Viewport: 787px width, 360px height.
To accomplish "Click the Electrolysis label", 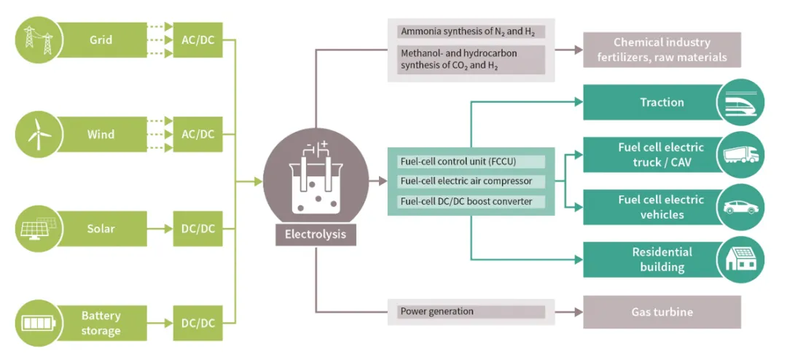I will pyautogui.click(x=316, y=235).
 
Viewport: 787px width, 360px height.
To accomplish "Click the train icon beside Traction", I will pyautogui.click(x=740, y=103).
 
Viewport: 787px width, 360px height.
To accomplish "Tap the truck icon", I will pyautogui.click(x=740, y=155).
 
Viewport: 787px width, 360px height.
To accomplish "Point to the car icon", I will pyautogui.click(x=740, y=208).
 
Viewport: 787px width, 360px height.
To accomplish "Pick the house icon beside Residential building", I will pyautogui.click(x=740, y=260).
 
